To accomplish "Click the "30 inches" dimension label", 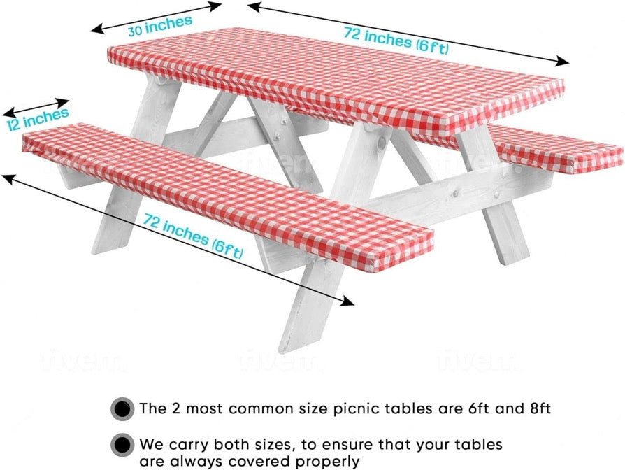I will point(159,26).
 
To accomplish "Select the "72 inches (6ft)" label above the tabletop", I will point(396,39).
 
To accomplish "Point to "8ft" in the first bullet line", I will point(537,408).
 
